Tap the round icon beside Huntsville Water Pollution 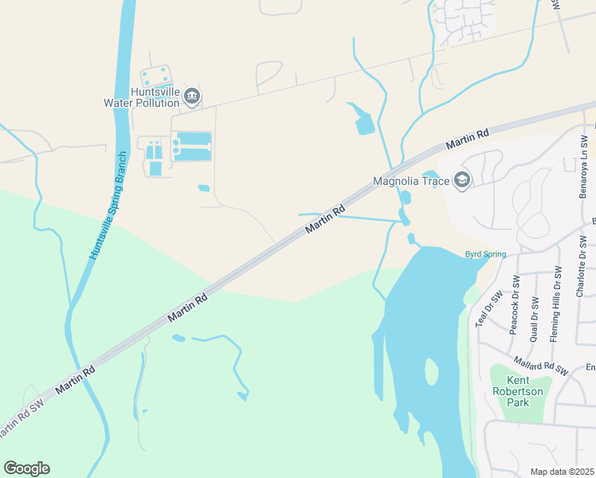[x=192, y=97]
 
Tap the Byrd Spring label [x=485, y=255]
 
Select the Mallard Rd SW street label [x=540, y=366]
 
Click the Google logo [x=26, y=468]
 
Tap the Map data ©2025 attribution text [x=563, y=472]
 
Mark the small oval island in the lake [x=432, y=371]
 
